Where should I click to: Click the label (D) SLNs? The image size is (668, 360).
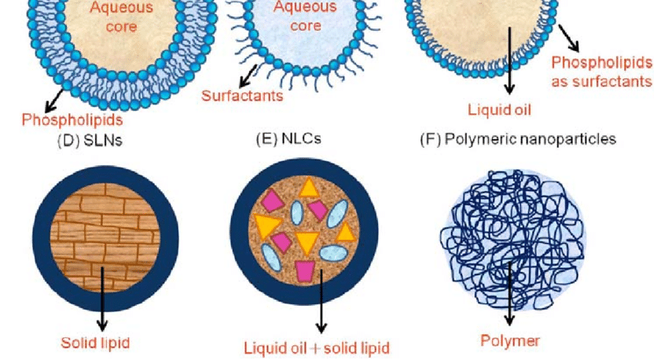coord(90,141)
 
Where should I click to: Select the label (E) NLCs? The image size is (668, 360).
coord(288,139)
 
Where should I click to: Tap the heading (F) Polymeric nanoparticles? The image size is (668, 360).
coord(518,139)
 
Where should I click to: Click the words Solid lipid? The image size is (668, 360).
coord(95,343)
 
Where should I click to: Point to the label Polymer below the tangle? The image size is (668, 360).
coord(510,340)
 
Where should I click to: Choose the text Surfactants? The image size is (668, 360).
coord(242,95)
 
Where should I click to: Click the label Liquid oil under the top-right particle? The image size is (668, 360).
coord(499,109)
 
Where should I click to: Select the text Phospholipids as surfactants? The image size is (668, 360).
coord(601,72)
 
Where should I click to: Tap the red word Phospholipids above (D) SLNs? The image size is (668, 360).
coord(72,119)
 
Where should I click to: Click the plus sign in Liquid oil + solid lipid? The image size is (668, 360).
coord(315,348)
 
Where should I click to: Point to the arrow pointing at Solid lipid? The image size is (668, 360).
coord(102,299)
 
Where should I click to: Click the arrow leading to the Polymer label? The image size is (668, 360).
coord(509,293)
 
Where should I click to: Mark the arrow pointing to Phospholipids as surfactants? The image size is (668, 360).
coord(569,38)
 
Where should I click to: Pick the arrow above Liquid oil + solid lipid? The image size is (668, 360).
coord(321,301)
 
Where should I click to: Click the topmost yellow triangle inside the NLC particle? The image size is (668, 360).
coord(309,188)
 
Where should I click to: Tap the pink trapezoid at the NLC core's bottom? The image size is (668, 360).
coord(305,271)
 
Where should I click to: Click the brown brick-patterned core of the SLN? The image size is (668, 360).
coord(105,237)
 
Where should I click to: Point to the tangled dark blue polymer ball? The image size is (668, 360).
coord(512,240)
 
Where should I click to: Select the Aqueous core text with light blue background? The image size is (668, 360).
coord(305,17)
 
